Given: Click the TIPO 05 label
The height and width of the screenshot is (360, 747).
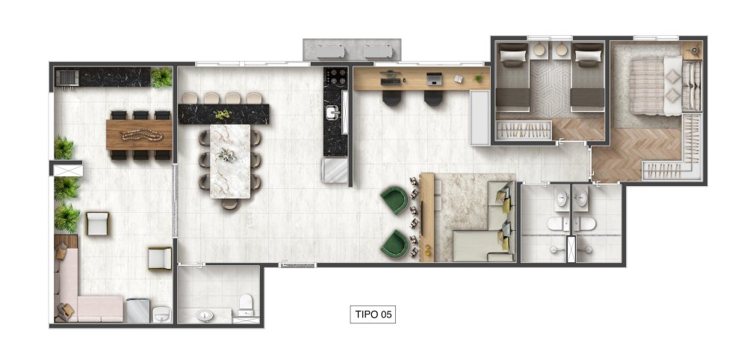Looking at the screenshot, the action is click(x=373, y=314).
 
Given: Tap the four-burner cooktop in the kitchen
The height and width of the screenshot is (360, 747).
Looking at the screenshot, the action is click(x=335, y=76).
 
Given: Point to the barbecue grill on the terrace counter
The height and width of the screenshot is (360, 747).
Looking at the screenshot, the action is click(x=66, y=77).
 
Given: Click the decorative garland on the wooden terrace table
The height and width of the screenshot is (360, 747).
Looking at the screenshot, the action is click(x=142, y=135).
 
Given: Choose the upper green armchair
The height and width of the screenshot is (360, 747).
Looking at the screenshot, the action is click(x=394, y=200).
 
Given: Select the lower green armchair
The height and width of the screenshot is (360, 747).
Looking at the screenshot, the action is click(x=394, y=244).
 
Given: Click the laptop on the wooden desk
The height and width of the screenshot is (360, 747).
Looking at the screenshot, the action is click(x=434, y=79).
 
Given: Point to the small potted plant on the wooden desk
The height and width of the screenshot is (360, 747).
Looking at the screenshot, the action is click(x=478, y=78).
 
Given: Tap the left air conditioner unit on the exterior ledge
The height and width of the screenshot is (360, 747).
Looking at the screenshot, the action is click(x=330, y=51).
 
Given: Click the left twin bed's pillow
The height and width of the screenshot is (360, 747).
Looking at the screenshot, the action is click(x=513, y=56).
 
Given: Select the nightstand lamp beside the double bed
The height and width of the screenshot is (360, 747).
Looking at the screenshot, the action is click(x=694, y=50).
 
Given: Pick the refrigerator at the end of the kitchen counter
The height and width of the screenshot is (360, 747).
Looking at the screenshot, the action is click(x=335, y=170).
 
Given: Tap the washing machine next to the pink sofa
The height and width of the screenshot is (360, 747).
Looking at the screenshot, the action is click(x=138, y=311).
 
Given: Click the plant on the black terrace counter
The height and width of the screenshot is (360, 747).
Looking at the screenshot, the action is click(x=161, y=78).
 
